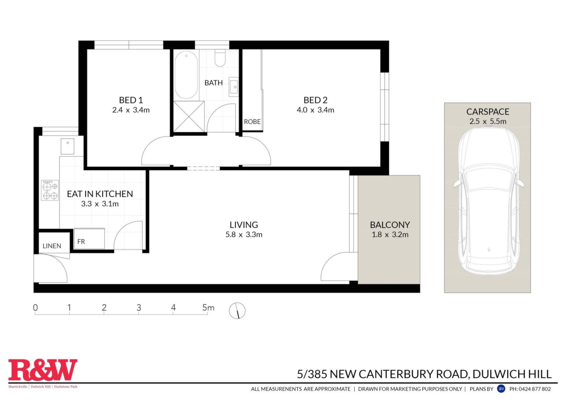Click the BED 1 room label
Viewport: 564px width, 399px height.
[x=131, y=100]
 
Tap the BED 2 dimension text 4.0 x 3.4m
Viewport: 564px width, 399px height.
[x=315, y=110]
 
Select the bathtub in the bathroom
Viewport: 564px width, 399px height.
[x=186, y=75]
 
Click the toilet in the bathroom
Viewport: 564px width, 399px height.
[x=220, y=58]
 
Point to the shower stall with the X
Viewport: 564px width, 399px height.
[x=189, y=117]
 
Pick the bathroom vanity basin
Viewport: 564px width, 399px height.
[x=234, y=87]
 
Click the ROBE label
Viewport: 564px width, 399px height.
[x=252, y=121]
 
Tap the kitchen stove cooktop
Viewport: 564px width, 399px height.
[x=50, y=190]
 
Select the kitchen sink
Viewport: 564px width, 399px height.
[x=68, y=146]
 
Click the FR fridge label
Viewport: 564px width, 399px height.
[x=81, y=242]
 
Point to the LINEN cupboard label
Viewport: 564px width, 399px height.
[x=52, y=246]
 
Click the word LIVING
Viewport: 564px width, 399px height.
[x=244, y=225]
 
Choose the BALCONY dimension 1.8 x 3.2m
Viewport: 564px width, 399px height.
[x=390, y=235]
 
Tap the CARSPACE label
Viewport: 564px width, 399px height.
[x=488, y=112]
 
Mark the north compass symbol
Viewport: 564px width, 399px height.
[x=237, y=311]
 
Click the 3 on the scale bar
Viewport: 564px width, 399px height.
[x=139, y=308]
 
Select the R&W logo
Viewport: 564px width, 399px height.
[x=43, y=370]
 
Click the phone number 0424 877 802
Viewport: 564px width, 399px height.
[x=535, y=389]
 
